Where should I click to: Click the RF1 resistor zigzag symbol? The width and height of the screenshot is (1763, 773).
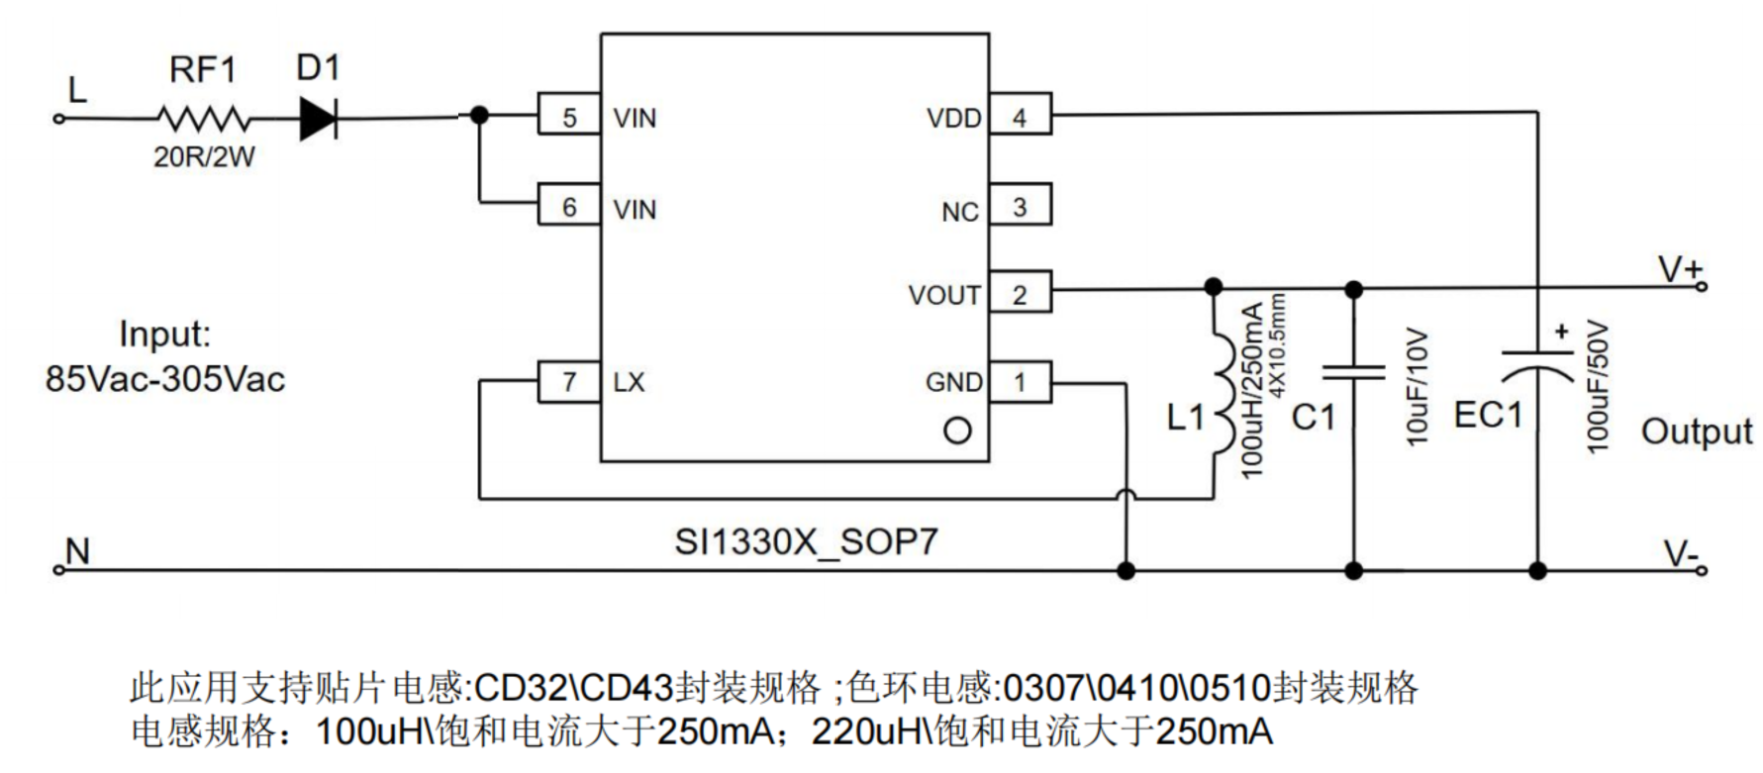click(x=203, y=119)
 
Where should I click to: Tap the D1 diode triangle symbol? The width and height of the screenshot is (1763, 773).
click(x=318, y=119)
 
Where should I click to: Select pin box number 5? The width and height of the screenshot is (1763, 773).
click(x=568, y=116)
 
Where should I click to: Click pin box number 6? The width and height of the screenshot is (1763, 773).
click(x=568, y=206)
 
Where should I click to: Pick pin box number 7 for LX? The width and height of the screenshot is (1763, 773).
click(x=568, y=382)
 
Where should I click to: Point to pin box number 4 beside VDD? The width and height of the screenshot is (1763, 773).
click(x=1020, y=116)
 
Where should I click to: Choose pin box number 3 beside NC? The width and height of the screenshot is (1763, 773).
click(x=1020, y=206)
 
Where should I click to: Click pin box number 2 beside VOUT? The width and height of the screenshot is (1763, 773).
click(x=1020, y=293)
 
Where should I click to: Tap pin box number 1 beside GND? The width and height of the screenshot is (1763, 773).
click(x=1020, y=382)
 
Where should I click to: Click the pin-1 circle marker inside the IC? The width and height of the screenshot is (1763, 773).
click(x=957, y=431)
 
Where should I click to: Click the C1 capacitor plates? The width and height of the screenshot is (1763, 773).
click(x=1354, y=371)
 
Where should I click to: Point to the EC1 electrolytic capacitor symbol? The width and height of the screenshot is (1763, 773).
click(x=1537, y=364)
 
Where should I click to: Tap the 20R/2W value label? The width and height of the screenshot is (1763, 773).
click(x=204, y=156)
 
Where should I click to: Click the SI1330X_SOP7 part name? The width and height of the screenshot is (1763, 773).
click(x=806, y=542)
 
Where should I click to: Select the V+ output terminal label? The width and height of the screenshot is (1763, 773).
click(x=1679, y=269)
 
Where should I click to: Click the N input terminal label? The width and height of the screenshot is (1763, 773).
click(x=77, y=551)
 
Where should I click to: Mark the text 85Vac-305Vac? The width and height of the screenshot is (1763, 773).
click(x=165, y=379)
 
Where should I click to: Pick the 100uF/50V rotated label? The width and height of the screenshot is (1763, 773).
click(x=1597, y=386)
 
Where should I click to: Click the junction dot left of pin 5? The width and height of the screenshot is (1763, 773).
click(x=479, y=116)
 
